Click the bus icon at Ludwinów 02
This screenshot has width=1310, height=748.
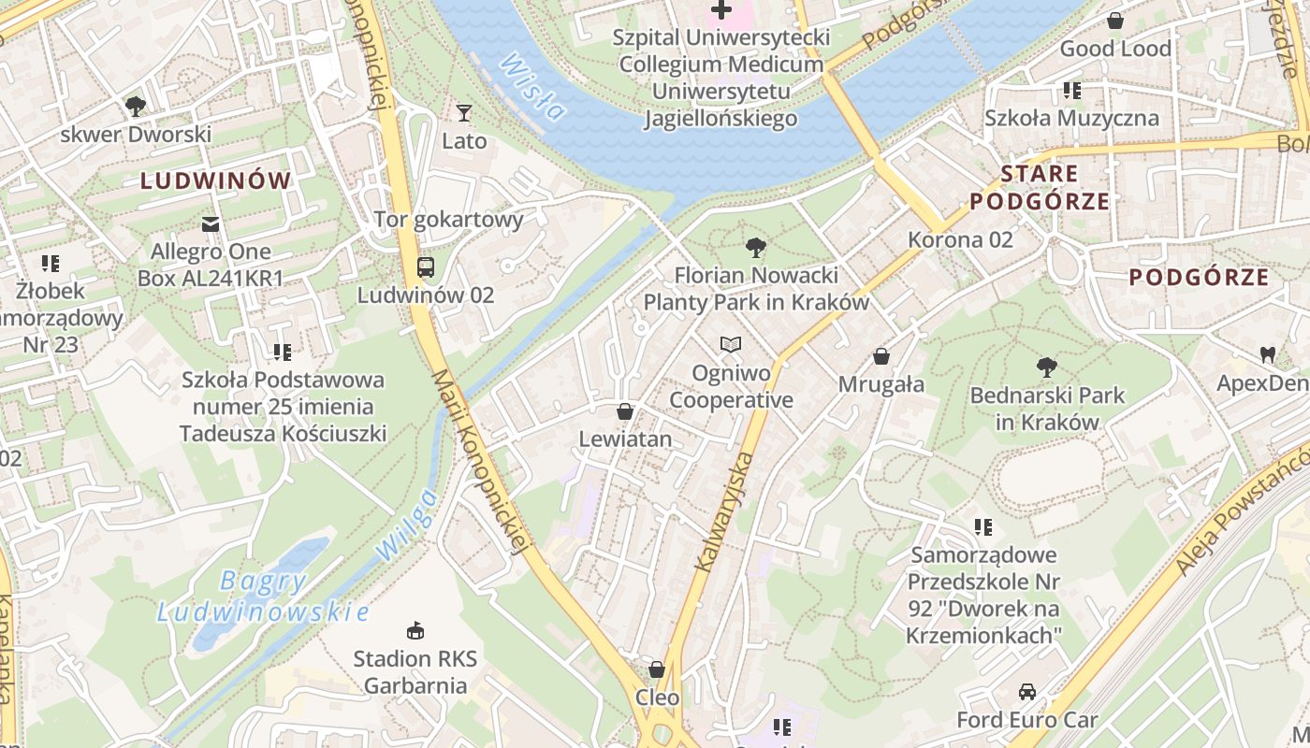click(x=426, y=267)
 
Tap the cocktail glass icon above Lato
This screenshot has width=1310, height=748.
click(x=464, y=113)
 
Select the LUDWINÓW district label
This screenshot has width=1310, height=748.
click(x=216, y=181)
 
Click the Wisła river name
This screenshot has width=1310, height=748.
click(x=533, y=87)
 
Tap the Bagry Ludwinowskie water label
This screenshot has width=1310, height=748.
click(x=263, y=597)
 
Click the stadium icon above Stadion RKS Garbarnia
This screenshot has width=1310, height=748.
click(x=415, y=631)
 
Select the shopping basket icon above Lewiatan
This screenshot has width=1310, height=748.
click(x=625, y=411)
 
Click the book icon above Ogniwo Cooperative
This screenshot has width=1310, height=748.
click(x=731, y=345)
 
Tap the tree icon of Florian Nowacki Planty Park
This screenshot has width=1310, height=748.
click(x=756, y=248)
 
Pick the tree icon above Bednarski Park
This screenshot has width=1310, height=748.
click(x=1046, y=367)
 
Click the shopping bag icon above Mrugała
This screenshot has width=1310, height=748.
click(x=881, y=356)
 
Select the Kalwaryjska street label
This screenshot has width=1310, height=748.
click(x=724, y=511)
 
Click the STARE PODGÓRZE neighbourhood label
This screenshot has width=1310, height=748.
click(x=1040, y=187)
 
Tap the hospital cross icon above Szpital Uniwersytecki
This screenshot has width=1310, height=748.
click(x=720, y=9)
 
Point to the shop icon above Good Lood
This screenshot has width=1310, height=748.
click(x=1115, y=21)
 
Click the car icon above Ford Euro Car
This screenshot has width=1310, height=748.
click(x=1026, y=692)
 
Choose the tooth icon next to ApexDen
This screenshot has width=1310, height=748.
click(x=1268, y=354)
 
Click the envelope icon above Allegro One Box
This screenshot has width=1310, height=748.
click(x=211, y=224)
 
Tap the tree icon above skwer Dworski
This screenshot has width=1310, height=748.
click(x=136, y=106)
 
